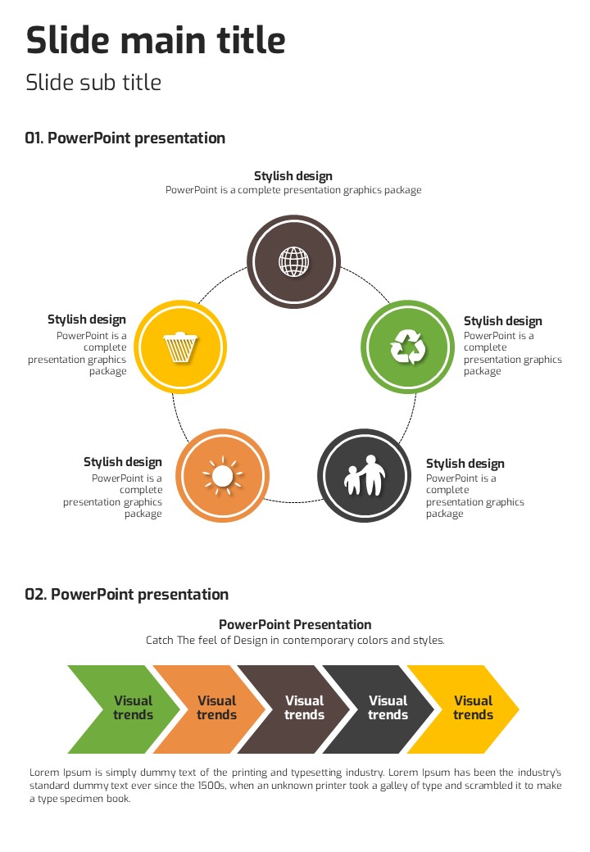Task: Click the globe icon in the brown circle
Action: coord(293,261)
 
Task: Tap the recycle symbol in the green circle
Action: coord(407,347)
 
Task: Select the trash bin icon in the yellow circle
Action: coord(179,347)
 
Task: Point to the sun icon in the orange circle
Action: coord(222,475)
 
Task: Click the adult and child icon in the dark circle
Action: coord(364,475)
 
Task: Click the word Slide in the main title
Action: coord(70,40)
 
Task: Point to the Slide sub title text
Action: coord(93,83)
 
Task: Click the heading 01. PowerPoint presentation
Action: coord(125,138)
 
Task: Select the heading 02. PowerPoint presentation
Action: coord(126,595)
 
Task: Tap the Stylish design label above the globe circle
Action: coord(293,176)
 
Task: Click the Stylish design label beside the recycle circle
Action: coord(502,321)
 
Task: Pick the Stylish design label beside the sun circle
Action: coord(123,463)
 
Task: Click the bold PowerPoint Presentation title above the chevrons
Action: coord(295,625)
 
